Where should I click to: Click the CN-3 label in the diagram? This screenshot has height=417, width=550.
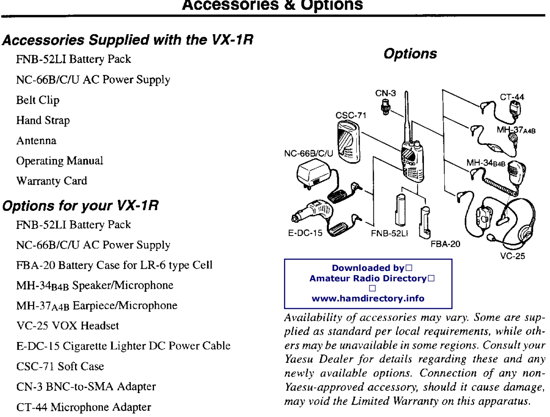385,93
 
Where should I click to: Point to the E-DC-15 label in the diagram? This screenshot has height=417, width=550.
305,233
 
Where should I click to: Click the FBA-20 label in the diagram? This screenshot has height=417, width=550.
445,244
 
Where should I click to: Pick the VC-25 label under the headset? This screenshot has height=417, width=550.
512,256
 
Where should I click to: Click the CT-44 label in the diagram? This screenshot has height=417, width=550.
512,97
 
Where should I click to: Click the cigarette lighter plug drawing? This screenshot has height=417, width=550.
312,211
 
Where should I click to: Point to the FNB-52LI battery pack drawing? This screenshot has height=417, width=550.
400,210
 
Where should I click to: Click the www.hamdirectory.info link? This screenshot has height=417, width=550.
368,298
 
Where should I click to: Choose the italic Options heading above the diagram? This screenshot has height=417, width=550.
410,54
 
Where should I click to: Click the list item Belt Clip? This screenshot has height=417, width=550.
38,100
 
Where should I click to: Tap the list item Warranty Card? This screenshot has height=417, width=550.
51,181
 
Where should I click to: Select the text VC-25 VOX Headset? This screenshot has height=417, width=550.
67,326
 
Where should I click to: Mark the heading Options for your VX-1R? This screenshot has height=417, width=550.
80,206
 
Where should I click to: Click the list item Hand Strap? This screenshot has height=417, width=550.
43,120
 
